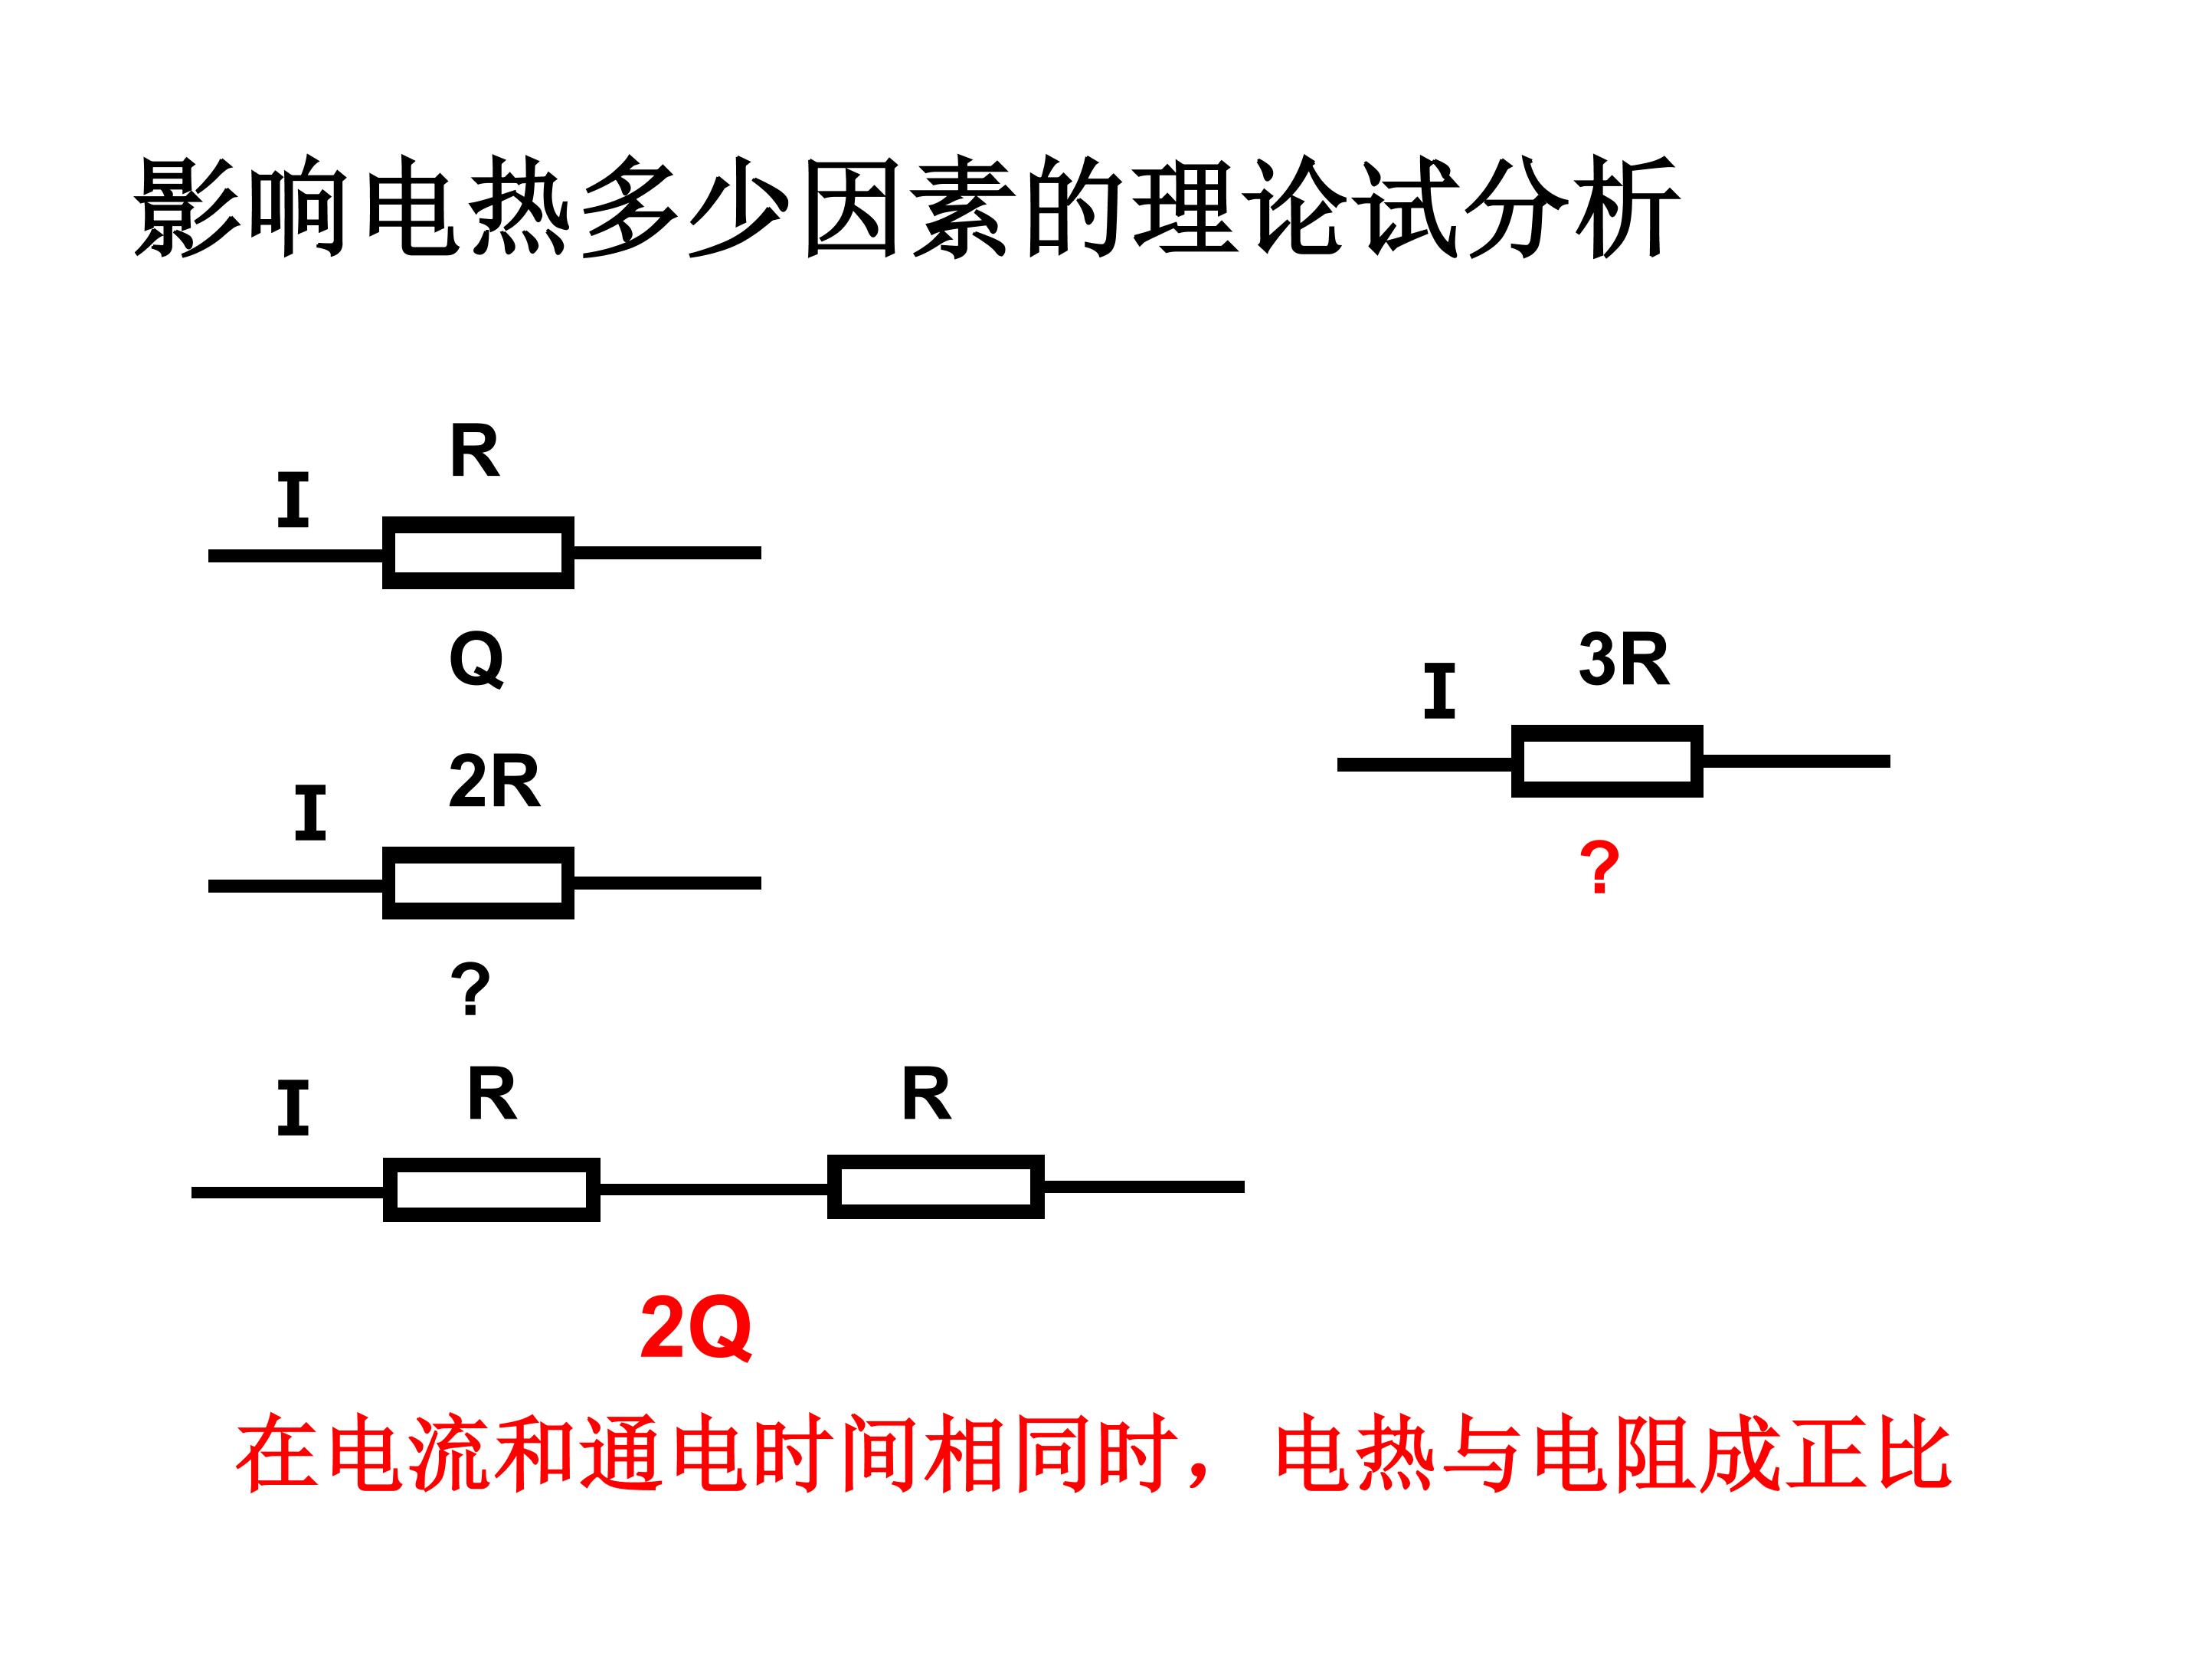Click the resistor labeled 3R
(1607, 761)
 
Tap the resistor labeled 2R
(478, 883)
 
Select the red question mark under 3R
(1599, 868)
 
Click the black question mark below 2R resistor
(470, 988)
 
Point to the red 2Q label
(695, 1329)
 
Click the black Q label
(476, 660)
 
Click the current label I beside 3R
(1439, 690)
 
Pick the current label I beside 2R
(310, 813)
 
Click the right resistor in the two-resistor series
(935, 1186)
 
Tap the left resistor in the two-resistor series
(492, 1189)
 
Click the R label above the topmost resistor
(475, 451)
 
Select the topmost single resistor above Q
(478, 552)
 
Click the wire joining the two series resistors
(713, 1189)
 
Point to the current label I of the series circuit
(292, 1107)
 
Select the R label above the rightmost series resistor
(927, 1094)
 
